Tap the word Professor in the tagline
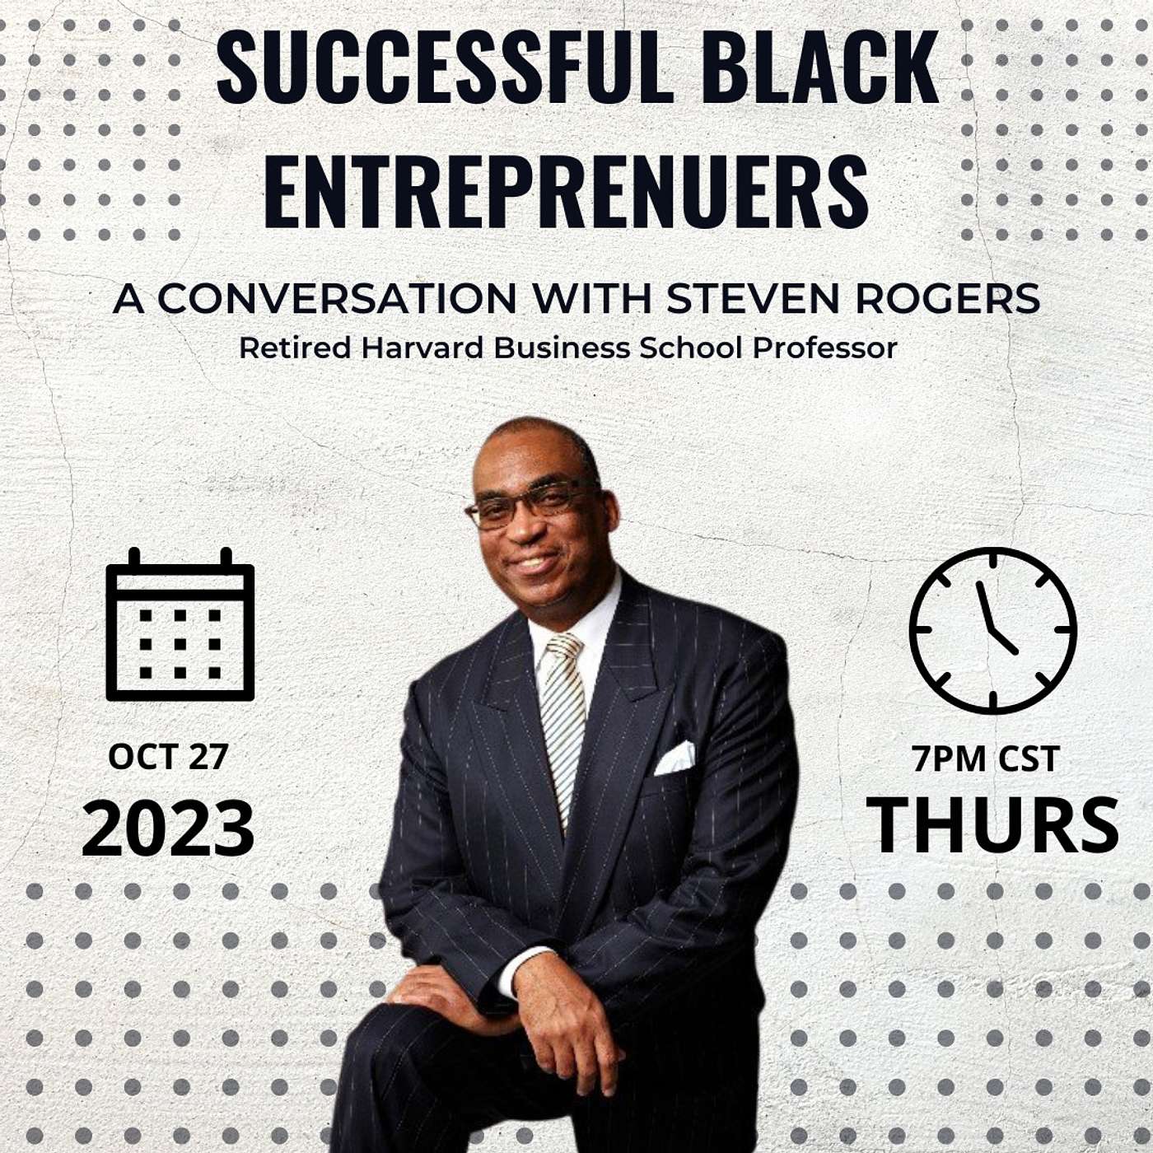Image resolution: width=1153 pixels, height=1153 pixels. tap(824, 348)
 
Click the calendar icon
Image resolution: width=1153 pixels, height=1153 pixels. tap(180, 623)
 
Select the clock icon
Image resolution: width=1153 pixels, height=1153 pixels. tap(992, 630)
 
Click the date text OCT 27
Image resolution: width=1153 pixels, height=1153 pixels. tap(168, 757)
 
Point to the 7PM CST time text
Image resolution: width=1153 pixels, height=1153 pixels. tap(986, 759)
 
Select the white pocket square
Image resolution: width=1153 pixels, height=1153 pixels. tap(675, 759)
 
